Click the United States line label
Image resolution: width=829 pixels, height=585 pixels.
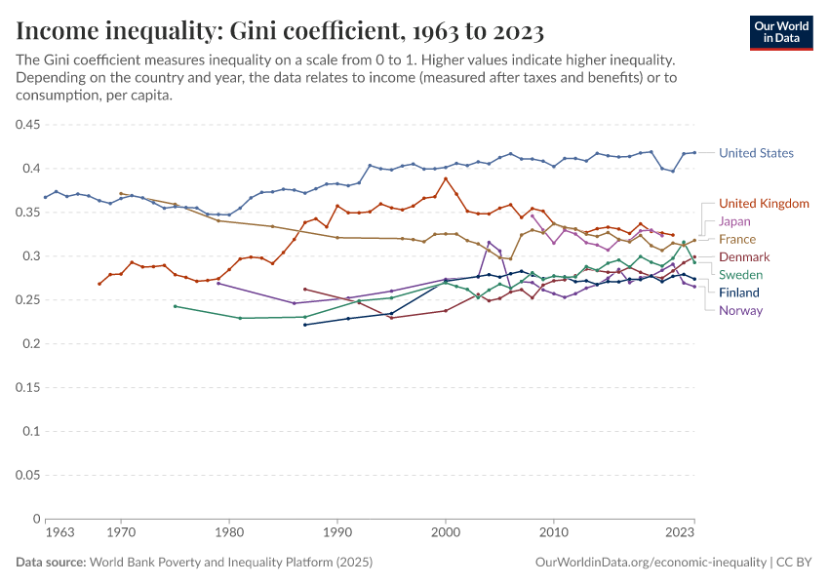[756, 153]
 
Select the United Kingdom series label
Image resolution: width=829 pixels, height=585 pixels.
[764, 204]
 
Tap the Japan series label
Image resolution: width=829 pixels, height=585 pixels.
[734, 221]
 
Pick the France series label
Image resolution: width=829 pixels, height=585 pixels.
[737, 239]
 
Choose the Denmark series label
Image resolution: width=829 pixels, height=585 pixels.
[744, 257]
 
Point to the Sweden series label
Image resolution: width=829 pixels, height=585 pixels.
[740, 275]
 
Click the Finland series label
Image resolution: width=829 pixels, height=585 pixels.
[739, 292]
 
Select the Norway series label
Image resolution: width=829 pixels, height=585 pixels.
[740, 311]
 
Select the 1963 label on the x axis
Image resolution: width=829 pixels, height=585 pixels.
[59, 534]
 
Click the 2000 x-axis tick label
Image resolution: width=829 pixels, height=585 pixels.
[446, 534]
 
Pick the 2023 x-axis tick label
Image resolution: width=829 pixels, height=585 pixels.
[680, 534]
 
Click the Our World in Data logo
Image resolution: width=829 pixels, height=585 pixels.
[781, 32]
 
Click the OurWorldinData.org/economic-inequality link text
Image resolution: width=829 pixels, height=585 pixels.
[651, 563]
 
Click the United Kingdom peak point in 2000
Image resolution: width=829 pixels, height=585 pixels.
[446, 178]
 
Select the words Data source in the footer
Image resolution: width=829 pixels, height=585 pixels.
[50, 563]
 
